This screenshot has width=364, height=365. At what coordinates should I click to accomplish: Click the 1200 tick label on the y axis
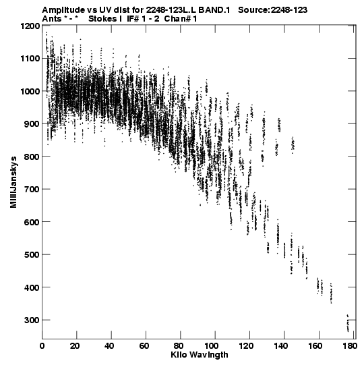pos(30,26)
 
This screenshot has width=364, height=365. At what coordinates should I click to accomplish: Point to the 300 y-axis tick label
pos(32,320)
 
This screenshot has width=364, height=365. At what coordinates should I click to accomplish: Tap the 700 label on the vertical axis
pos(32,189)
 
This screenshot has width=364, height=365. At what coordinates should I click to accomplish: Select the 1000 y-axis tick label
pos(30,91)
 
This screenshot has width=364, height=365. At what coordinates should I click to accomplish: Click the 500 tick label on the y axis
pos(32,254)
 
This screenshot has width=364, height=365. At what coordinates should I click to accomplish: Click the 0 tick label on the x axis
pos(42,346)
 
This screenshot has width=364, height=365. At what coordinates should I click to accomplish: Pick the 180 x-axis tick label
pos(349,346)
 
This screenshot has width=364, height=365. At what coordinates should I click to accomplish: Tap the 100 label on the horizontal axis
pos(215,346)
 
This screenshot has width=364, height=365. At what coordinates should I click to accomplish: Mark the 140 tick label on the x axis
pos(284,346)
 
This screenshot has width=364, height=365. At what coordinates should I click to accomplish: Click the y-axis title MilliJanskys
pos(13,182)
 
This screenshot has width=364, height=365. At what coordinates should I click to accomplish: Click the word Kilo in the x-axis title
pos(178,355)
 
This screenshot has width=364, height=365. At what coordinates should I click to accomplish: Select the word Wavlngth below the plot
pos(208,356)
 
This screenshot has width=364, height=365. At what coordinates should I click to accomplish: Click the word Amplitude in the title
pos(63,10)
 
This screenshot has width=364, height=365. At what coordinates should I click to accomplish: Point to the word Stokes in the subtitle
pos(102,19)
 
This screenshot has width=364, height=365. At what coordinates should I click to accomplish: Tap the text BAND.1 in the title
pos(214,10)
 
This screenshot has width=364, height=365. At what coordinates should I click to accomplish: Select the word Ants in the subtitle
pos(52,19)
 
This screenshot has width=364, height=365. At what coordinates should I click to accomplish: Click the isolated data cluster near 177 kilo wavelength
pos(348,323)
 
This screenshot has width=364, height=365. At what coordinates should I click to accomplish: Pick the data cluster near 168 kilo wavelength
pos(331,293)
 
